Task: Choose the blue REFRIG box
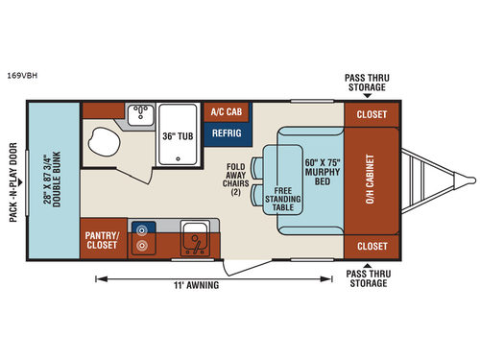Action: tap(226, 133)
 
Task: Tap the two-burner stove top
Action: tap(143, 237)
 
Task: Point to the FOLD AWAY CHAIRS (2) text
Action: tap(236, 178)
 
